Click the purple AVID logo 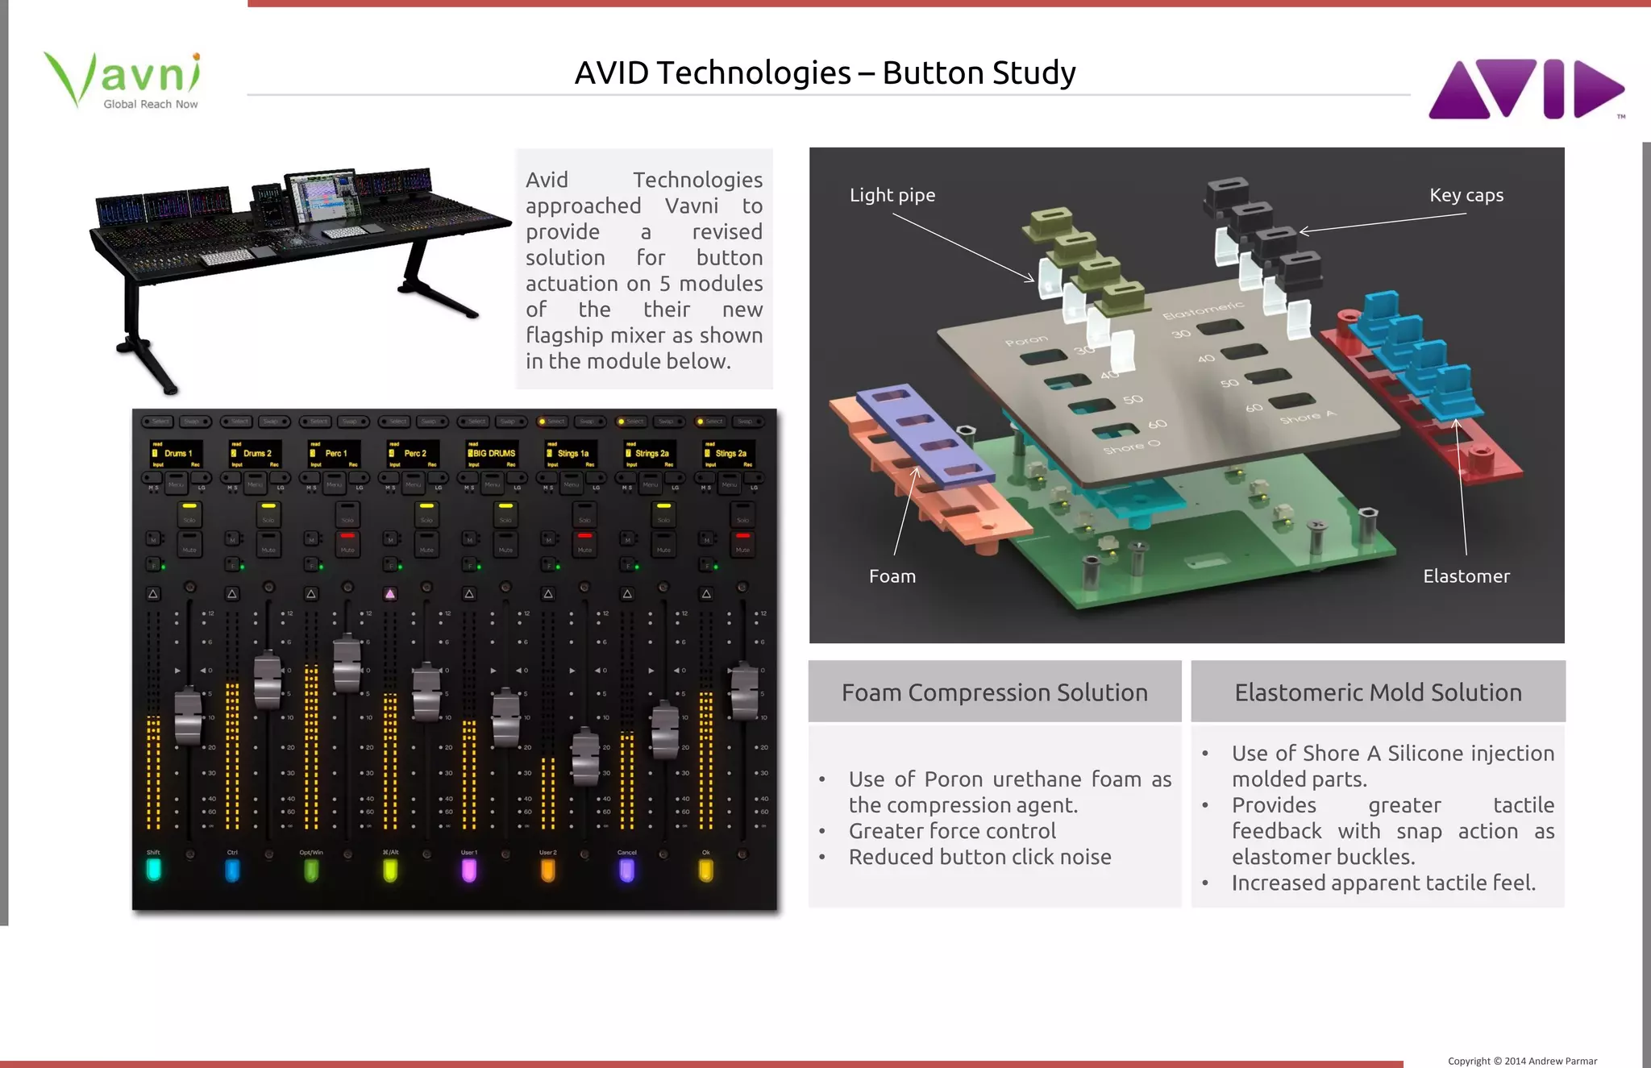[1525, 89]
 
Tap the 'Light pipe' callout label [892, 195]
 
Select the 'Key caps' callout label [1466, 195]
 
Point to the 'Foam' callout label [892, 576]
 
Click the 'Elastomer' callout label [1466, 576]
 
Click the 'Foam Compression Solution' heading [994, 692]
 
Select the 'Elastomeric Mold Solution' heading [1378, 692]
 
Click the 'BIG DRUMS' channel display [493, 454]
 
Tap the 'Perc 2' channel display [414, 454]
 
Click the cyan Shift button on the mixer [153, 870]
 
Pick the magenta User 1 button [469, 870]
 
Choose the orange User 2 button [547, 870]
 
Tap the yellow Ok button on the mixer [705, 870]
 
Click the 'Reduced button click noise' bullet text [979, 857]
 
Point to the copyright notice [1522, 1061]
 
